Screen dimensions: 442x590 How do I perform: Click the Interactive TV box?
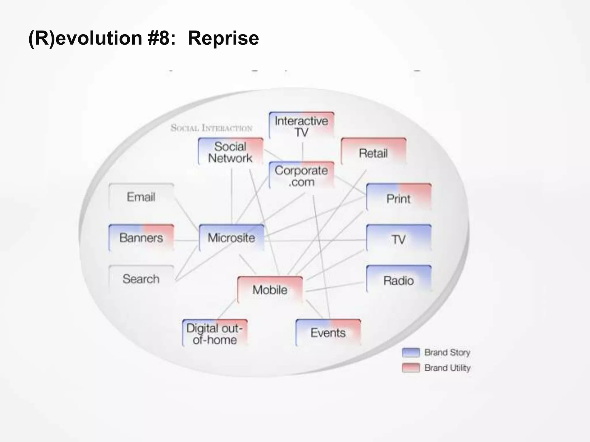(301, 126)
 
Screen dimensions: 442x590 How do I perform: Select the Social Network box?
(230, 152)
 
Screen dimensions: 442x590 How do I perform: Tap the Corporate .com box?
(301, 176)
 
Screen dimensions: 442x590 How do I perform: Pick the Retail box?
(373, 153)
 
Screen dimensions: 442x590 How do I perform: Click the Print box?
(398, 198)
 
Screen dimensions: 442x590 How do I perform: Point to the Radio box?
(398, 280)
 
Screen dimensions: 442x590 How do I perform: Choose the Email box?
(141, 197)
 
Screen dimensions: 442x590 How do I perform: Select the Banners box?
(141, 238)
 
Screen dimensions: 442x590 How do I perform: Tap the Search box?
(141, 279)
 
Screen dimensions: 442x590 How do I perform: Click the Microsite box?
(231, 238)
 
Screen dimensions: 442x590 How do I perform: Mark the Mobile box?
(270, 289)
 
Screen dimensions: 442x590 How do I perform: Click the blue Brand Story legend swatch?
(411, 352)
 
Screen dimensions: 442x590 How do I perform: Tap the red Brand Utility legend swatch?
(411, 368)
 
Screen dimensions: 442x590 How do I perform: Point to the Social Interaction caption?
(211, 128)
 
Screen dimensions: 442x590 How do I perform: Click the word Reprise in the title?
(223, 38)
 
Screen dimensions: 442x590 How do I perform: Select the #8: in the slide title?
(161, 38)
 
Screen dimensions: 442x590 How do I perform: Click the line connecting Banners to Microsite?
(186, 240)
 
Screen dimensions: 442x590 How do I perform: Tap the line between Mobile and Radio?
(334, 287)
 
